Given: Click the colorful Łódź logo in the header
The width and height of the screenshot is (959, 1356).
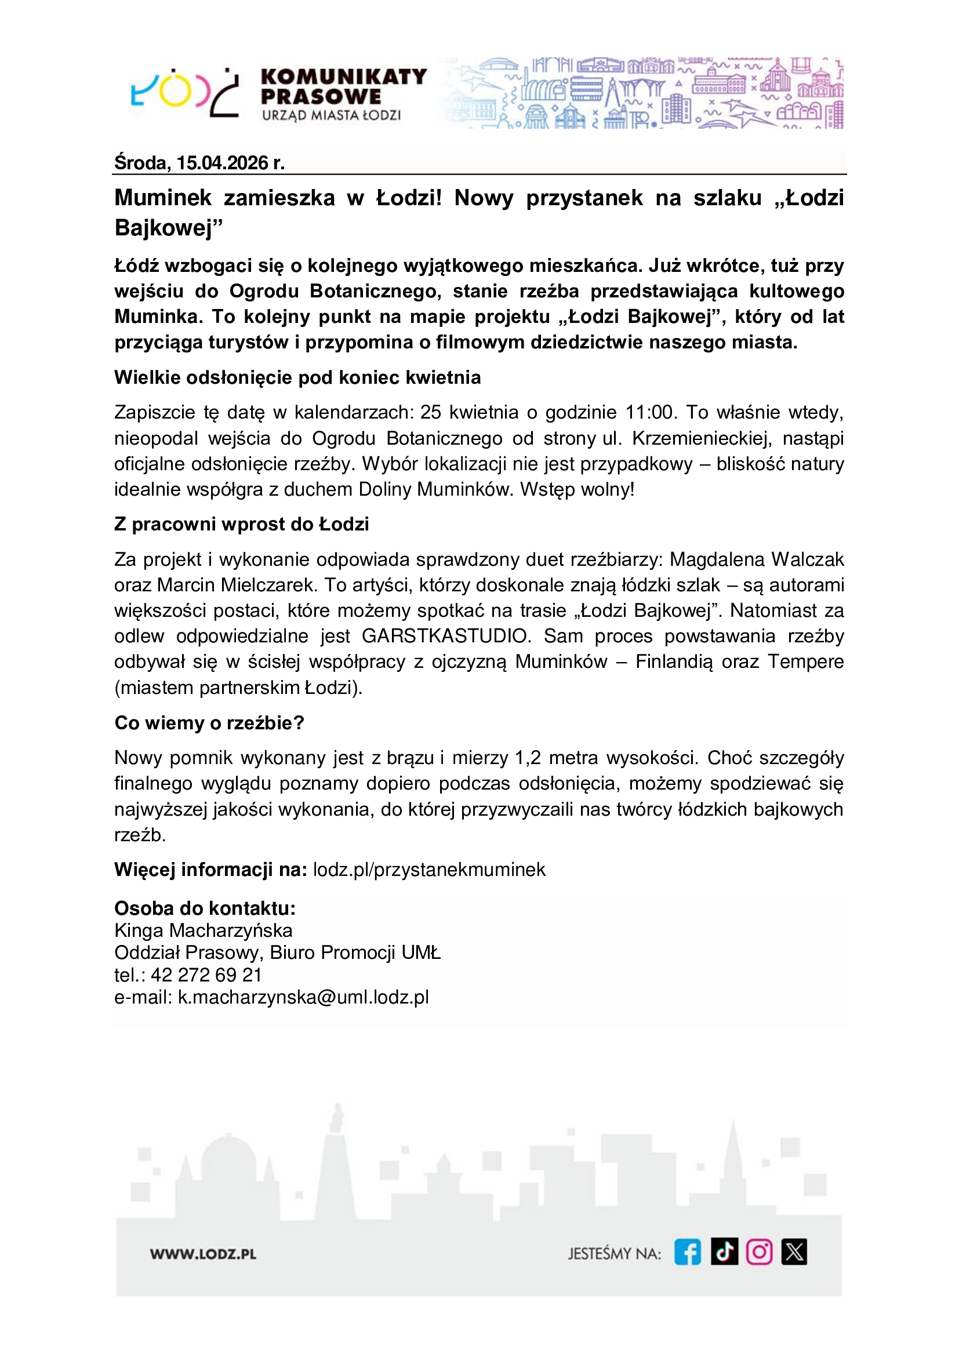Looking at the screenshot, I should tap(184, 94).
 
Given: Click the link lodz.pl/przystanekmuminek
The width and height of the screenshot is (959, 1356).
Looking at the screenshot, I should tap(429, 870).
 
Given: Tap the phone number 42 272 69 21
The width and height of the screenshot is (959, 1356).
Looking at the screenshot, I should tap(206, 975).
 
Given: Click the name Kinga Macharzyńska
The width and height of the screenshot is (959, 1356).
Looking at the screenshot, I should tap(203, 931).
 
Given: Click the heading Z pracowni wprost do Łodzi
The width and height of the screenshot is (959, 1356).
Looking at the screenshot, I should tap(242, 525).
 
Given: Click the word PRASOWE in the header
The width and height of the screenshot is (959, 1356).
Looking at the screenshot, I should tap(321, 96).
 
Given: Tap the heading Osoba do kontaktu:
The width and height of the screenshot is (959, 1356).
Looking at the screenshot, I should tap(205, 908).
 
